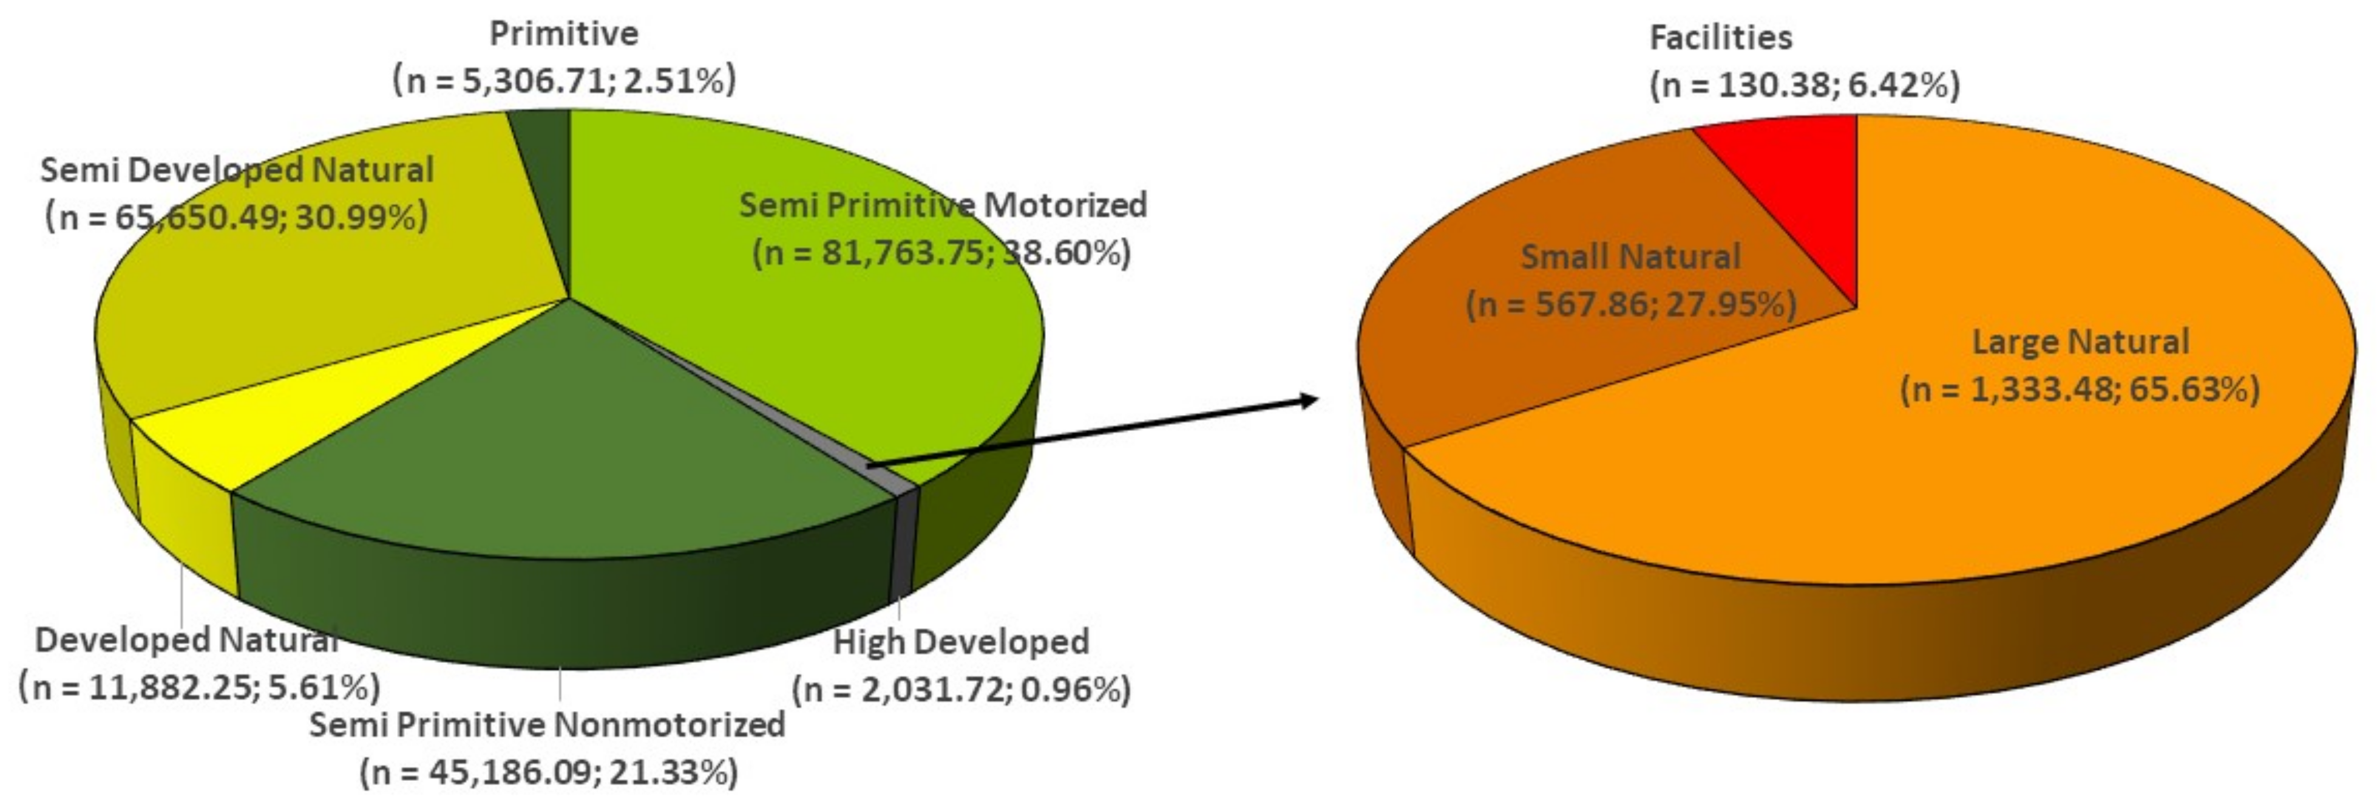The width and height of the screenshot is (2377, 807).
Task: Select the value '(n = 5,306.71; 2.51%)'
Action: [565, 81]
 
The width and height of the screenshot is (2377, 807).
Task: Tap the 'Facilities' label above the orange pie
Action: [1720, 38]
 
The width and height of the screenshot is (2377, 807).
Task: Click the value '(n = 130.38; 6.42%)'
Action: [1804, 85]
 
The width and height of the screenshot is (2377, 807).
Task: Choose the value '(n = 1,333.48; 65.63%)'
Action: [2080, 390]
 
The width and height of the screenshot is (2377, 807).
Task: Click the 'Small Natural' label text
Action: [1630, 256]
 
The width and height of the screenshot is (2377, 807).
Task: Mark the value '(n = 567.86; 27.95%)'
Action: [1630, 304]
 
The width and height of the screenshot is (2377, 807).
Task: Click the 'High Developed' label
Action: [961, 642]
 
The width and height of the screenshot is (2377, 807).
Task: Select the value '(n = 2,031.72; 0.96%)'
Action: [961, 690]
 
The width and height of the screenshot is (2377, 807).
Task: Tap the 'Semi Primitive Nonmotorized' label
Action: [547, 725]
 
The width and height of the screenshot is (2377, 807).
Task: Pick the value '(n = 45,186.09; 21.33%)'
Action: [549, 772]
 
